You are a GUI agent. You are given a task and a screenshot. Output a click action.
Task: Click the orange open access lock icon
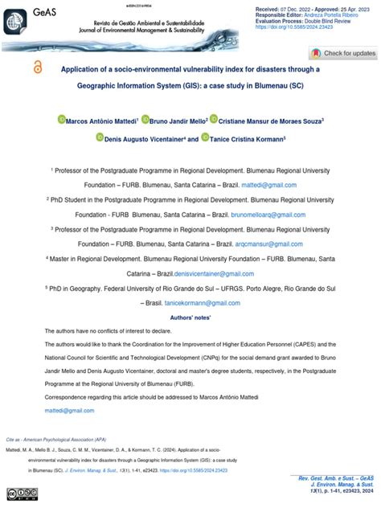[39, 69]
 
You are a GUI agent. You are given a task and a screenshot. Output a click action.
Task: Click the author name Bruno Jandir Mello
[175, 120]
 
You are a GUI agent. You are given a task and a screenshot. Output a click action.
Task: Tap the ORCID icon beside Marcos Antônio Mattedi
[61, 120]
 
